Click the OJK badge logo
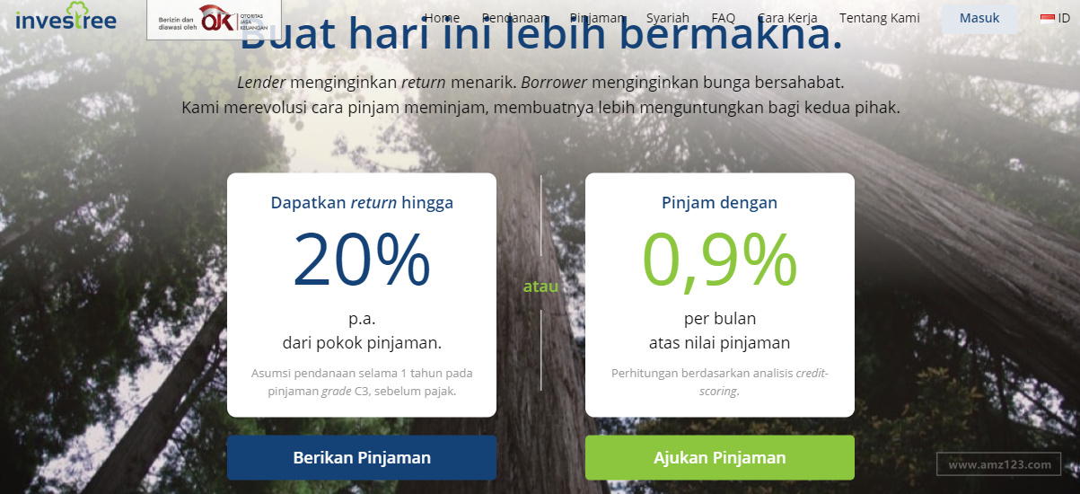(x=214, y=18)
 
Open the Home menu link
(x=442, y=18)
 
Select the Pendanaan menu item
(x=514, y=18)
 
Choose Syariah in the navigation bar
(x=667, y=18)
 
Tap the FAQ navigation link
(x=723, y=18)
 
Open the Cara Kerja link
(x=786, y=18)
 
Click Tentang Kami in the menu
(x=879, y=18)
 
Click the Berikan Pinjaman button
(x=362, y=457)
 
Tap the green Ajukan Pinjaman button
(x=719, y=457)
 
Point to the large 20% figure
(x=362, y=260)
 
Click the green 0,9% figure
(x=719, y=260)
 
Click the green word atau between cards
(x=540, y=287)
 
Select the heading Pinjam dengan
(x=719, y=203)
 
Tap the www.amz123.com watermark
(x=998, y=464)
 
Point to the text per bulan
(x=719, y=319)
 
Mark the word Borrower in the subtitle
(x=553, y=83)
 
